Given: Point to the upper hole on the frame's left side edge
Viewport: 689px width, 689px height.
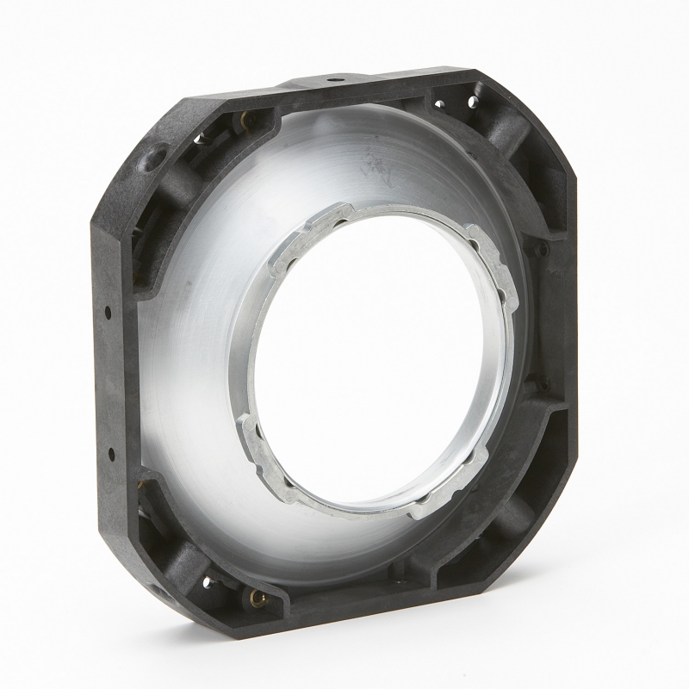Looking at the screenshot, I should point(109,310).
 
